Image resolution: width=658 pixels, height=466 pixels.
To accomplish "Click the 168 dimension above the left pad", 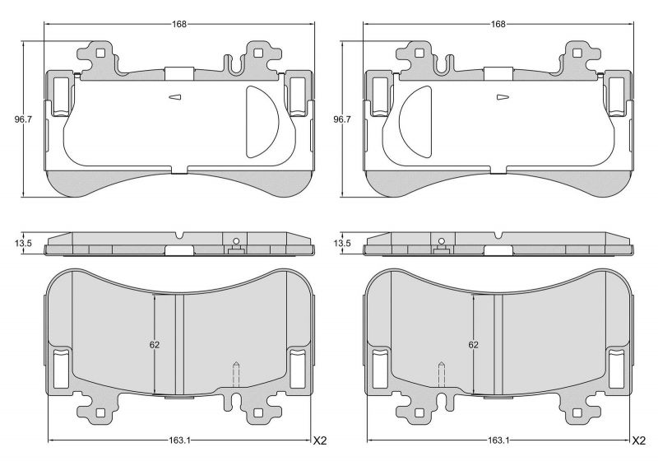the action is pos(178,24).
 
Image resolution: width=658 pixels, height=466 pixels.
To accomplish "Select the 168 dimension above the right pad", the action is pos(498,24).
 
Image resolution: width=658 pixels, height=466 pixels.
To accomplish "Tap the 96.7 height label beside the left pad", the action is pos(23,119).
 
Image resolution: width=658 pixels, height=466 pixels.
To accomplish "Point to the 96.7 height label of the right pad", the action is pos(342,119).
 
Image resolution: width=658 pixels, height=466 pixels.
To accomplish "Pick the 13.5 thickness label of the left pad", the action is pos(24,244).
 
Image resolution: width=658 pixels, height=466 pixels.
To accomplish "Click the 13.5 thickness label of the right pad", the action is pos(342,244).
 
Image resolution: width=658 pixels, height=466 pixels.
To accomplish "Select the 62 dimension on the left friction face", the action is pos(155,345).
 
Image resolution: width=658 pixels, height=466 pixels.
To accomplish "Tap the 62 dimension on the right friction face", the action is pos(474,345).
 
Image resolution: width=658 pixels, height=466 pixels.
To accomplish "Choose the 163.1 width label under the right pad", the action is pos(498,440).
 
